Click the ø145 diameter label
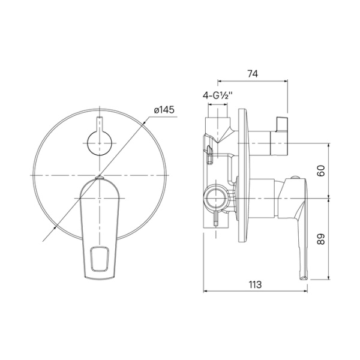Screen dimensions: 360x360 pos(164,110)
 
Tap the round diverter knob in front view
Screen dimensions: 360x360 pos(99,144)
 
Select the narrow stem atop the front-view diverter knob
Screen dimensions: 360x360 pos(99,123)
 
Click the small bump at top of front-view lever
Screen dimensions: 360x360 pos(100,178)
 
